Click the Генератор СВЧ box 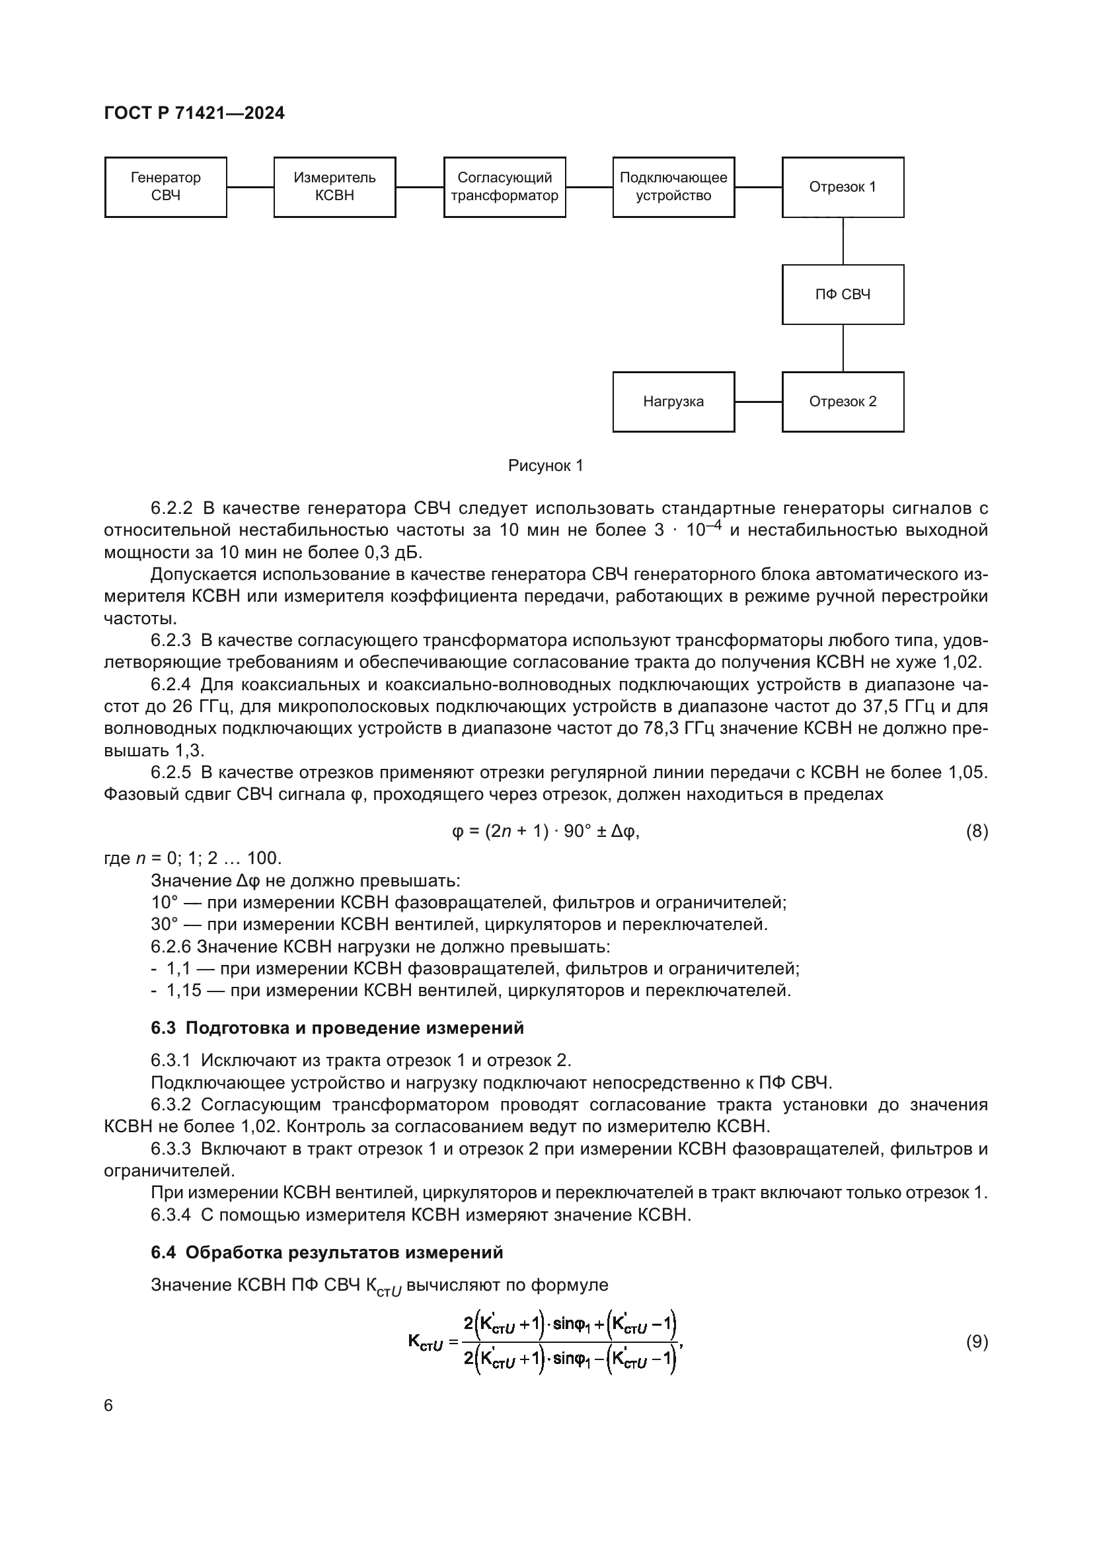click(x=166, y=187)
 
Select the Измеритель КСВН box click(x=334, y=187)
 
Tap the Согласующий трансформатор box click(x=504, y=187)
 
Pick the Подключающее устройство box click(x=673, y=187)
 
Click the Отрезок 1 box click(x=843, y=187)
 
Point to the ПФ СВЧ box click(x=843, y=295)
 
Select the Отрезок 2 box click(x=843, y=402)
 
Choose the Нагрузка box click(x=673, y=402)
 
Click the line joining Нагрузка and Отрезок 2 click(x=759, y=402)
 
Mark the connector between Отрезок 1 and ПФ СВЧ click(x=843, y=241)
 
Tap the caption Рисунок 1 click(x=545, y=466)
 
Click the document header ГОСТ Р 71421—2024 click(x=194, y=113)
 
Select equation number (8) click(x=977, y=832)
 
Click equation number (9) click(x=977, y=1342)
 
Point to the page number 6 click(x=108, y=1406)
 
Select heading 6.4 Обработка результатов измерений click(x=326, y=1253)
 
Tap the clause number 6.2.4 click(x=171, y=685)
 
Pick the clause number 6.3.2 click(x=171, y=1105)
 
